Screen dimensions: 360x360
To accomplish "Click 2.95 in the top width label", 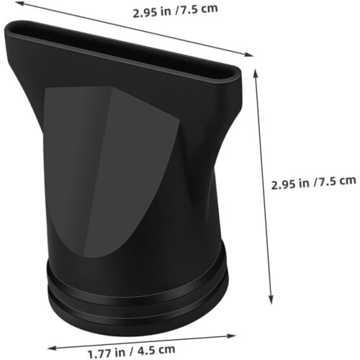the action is [144, 13].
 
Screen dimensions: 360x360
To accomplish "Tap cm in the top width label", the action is [209, 9].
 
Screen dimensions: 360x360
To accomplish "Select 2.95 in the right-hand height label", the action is [283, 185].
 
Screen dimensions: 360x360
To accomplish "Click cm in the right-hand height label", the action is [347, 181].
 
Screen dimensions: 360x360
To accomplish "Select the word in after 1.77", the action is [120, 352].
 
